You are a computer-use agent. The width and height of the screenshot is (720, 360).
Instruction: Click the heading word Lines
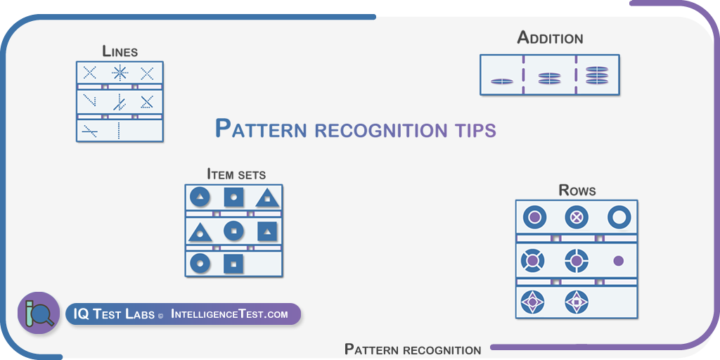point(120,51)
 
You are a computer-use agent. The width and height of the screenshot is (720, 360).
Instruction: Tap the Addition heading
point(550,38)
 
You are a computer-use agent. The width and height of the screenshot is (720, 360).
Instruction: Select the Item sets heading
point(236,174)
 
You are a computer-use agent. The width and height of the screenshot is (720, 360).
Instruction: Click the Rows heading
point(577,190)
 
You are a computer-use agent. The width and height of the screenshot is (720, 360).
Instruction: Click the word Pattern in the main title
point(260,129)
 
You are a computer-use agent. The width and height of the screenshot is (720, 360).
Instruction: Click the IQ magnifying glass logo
point(39,313)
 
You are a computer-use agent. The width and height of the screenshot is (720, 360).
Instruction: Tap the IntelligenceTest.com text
point(229,314)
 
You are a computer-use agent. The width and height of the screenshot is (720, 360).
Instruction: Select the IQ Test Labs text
point(114,314)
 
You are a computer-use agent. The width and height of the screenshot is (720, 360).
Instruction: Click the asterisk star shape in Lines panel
point(120,73)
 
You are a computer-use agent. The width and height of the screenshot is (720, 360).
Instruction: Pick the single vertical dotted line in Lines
point(118,130)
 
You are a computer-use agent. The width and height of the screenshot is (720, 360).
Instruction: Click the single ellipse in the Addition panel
point(501,82)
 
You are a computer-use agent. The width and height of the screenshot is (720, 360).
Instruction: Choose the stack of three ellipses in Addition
point(597,75)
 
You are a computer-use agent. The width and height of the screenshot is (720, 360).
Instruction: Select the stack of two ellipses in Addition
point(550,79)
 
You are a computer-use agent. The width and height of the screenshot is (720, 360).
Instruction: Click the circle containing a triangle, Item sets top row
point(200,198)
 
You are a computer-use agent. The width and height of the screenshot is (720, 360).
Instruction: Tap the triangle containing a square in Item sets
point(200,231)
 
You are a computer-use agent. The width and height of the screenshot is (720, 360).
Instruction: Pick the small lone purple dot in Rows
point(619,261)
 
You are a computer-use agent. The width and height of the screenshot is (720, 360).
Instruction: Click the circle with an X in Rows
point(577,217)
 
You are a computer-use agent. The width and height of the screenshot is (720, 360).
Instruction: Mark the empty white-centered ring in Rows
point(619,217)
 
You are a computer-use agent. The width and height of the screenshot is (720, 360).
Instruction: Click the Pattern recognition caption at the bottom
point(413,349)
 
